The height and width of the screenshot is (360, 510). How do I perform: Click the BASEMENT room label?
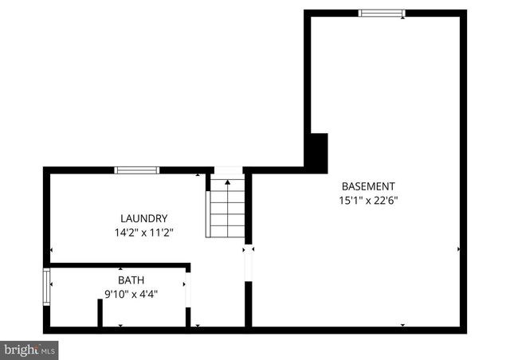click(x=368, y=186)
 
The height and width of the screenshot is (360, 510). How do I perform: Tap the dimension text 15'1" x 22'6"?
click(x=368, y=201)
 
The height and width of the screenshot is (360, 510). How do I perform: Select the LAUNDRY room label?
click(x=143, y=218)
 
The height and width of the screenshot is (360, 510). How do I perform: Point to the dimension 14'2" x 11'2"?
click(x=143, y=233)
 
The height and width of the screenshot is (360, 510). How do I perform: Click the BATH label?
click(x=131, y=280)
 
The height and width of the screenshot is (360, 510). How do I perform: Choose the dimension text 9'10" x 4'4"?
click(x=131, y=294)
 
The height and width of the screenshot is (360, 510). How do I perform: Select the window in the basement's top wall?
click(x=382, y=13)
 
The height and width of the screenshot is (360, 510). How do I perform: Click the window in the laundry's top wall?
click(x=137, y=170)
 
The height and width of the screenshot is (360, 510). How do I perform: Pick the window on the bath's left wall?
click(x=47, y=288)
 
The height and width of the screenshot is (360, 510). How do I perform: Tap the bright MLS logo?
click(x=29, y=349)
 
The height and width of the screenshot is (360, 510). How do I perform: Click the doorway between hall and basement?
click(x=249, y=262)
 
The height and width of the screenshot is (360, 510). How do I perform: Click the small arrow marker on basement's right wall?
click(x=459, y=249)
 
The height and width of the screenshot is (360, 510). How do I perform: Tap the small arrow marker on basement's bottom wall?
click(x=402, y=325)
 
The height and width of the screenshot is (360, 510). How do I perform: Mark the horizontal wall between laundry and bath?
click(x=120, y=264)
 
